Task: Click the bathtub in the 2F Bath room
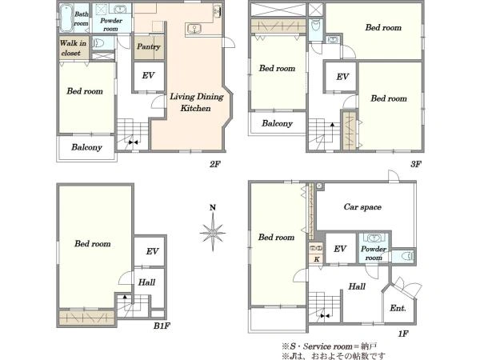tap(66, 18)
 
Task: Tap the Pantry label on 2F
tap(149, 46)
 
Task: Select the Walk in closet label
tap(73, 48)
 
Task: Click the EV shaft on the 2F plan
tap(149, 77)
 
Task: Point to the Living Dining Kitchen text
tap(196, 102)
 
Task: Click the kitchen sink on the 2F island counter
tap(194, 29)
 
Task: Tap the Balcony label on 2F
tap(86, 147)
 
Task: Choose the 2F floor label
tap(215, 164)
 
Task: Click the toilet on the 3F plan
tap(316, 26)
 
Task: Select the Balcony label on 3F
tap(277, 123)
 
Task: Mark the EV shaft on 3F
tap(342, 77)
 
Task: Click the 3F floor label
tap(416, 164)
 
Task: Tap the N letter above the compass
tap(213, 207)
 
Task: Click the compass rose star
tap(213, 233)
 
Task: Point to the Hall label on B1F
tap(146, 282)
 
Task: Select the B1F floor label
tap(162, 326)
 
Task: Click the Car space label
tap(362, 207)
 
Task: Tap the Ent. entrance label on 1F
tap(398, 308)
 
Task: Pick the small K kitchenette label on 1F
tap(317, 259)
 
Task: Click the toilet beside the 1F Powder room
tap(406, 256)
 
